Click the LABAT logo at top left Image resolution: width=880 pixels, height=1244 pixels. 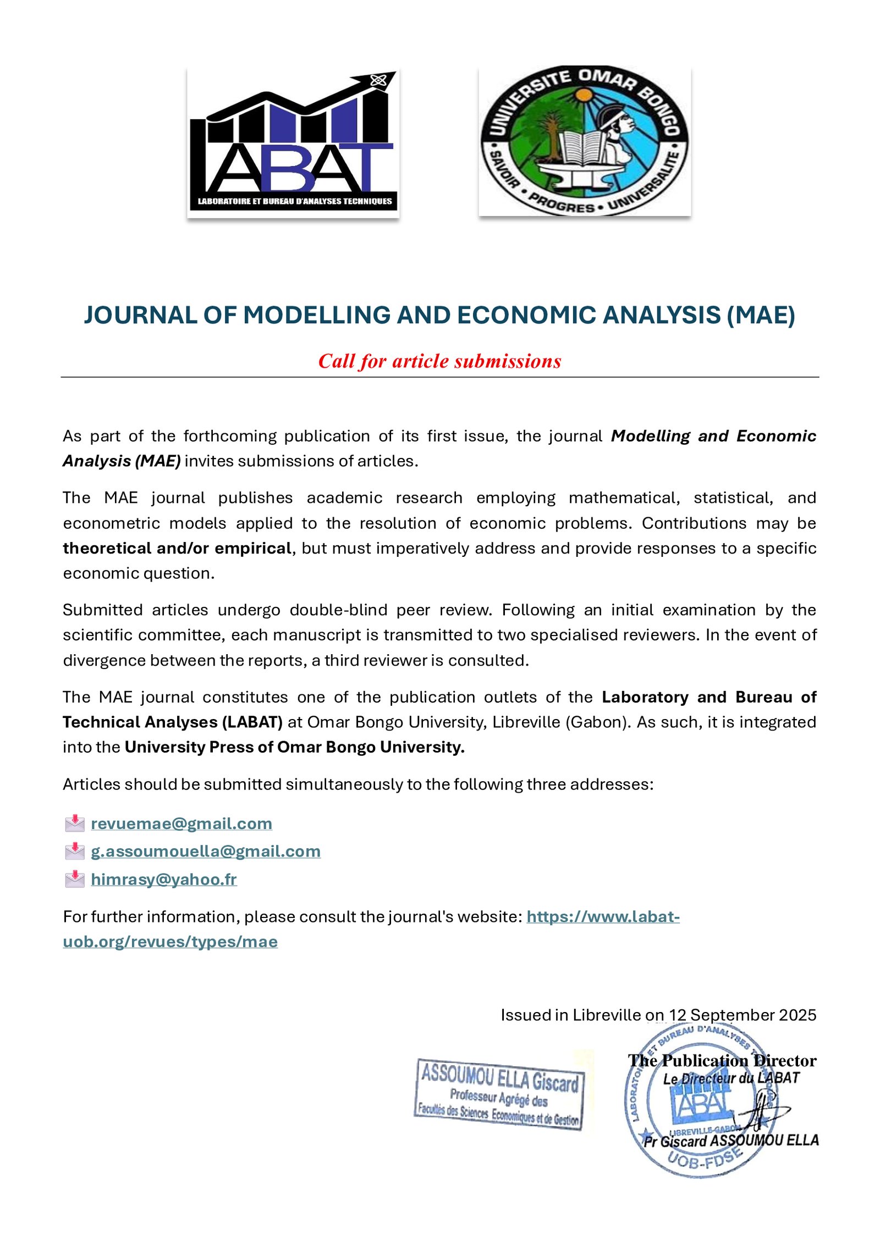pos(293,143)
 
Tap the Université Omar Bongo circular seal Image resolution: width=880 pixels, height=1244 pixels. pos(584,141)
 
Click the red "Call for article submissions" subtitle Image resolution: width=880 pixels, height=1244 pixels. pos(439,361)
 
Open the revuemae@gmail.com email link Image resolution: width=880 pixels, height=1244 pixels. pos(182,823)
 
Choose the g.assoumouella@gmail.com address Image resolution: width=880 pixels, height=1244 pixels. pos(206,851)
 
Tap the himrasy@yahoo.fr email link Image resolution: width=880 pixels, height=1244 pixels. pos(164,879)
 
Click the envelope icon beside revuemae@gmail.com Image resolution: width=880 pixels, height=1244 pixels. pos(75,823)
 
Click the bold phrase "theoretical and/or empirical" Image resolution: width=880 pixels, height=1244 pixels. pos(177,548)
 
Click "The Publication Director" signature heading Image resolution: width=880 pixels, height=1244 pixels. pos(722,1060)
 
